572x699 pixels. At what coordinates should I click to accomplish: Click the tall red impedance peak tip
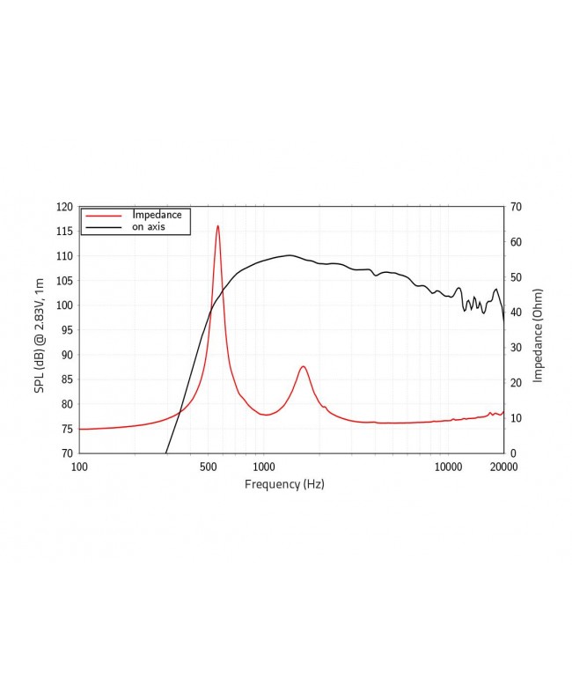(217, 226)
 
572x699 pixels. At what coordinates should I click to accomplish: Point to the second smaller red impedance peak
(303, 366)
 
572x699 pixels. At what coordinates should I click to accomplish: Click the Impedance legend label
(157, 214)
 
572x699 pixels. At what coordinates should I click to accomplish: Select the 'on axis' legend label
(149, 226)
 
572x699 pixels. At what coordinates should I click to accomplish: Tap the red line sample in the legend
(104, 215)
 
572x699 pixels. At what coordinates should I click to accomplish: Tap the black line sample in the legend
(104, 227)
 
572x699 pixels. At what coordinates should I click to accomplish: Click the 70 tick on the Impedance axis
(515, 207)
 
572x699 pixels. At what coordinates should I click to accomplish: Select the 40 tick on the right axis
(515, 313)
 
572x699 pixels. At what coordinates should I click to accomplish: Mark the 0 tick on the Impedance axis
(512, 453)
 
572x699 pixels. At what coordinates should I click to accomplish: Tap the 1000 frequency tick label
(264, 467)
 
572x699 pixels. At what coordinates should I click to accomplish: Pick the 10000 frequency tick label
(449, 467)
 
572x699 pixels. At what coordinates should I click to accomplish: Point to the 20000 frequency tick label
(503, 467)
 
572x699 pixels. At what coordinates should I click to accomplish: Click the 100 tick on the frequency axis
(79, 467)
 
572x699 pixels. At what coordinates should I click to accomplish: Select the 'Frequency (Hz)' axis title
(284, 484)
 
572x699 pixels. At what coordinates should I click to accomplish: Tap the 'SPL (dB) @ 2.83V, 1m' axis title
(40, 330)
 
